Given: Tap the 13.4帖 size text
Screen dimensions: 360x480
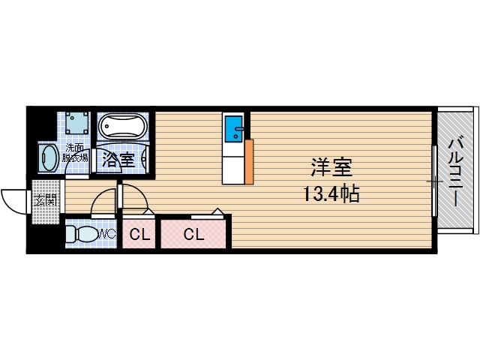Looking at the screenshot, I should (x=331, y=195).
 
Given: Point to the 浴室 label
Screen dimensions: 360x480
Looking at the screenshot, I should (x=118, y=159).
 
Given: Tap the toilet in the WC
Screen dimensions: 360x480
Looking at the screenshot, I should (x=80, y=234).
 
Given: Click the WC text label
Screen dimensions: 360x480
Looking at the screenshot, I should (x=107, y=234).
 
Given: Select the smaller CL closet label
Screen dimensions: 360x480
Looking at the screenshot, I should (x=140, y=234).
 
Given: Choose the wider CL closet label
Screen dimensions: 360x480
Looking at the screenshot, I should (x=193, y=234).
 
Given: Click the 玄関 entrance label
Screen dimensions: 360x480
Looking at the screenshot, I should (x=44, y=201).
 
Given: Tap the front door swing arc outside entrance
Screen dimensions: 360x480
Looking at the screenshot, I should (x=13, y=199).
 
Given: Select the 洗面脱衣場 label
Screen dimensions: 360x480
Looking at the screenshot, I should (x=76, y=153).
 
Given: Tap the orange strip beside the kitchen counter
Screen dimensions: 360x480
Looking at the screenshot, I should (x=249, y=160).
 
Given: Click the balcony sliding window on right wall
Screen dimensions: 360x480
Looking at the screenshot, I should (x=434, y=181).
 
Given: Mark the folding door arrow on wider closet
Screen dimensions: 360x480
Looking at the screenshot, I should (x=217, y=212).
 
